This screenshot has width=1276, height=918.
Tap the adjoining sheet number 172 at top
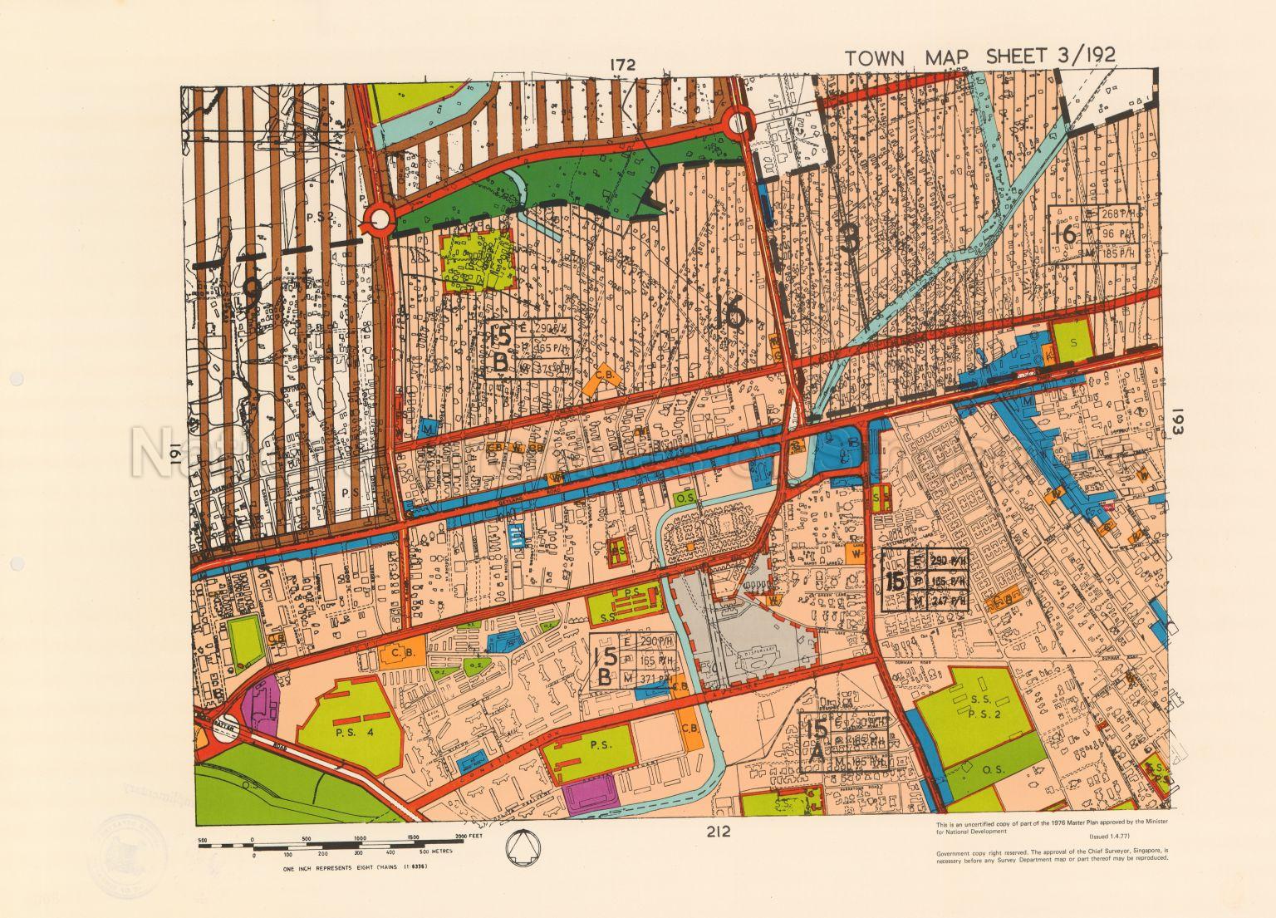click(x=622, y=65)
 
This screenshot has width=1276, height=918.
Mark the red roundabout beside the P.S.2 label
click(x=379, y=220)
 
